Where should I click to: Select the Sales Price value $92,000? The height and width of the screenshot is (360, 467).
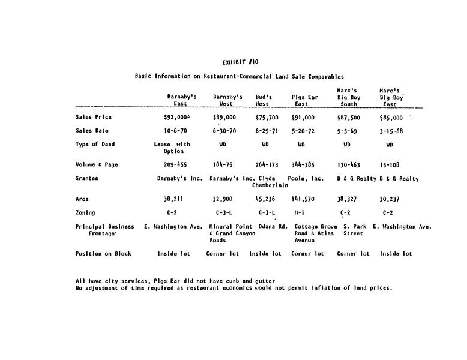[x=176, y=118]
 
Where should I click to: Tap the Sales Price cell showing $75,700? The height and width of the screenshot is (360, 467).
[x=267, y=118]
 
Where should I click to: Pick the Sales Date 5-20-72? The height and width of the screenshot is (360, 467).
[x=303, y=131]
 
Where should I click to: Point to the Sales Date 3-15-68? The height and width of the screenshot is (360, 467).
[x=391, y=131]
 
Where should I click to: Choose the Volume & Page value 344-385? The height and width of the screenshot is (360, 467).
[x=303, y=164]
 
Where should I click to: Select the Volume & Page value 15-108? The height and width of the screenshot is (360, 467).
[x=391, y=164]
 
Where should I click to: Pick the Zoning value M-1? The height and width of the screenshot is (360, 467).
[x=300, y=212]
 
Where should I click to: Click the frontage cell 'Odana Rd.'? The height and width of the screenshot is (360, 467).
[x=270, y=226]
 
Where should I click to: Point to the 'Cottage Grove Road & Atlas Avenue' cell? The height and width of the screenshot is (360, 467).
[x=315, y=233]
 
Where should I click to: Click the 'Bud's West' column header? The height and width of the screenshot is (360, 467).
[x=264, y=100]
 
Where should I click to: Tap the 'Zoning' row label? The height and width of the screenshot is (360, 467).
[x=85, y=212]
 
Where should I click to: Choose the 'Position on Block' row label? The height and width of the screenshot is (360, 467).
[x=103, y=254]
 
